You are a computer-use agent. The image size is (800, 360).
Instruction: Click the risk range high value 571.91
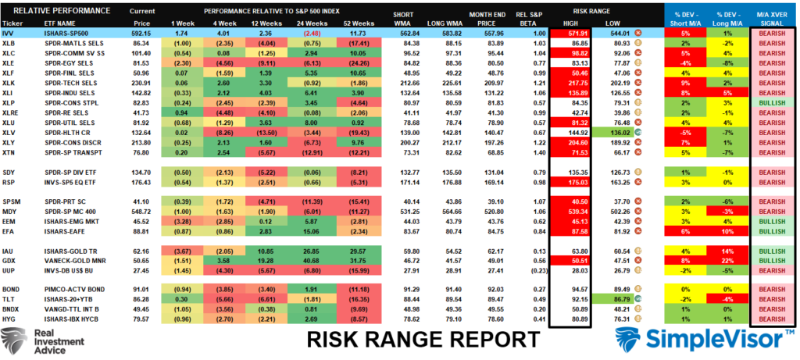click(577, 34)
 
